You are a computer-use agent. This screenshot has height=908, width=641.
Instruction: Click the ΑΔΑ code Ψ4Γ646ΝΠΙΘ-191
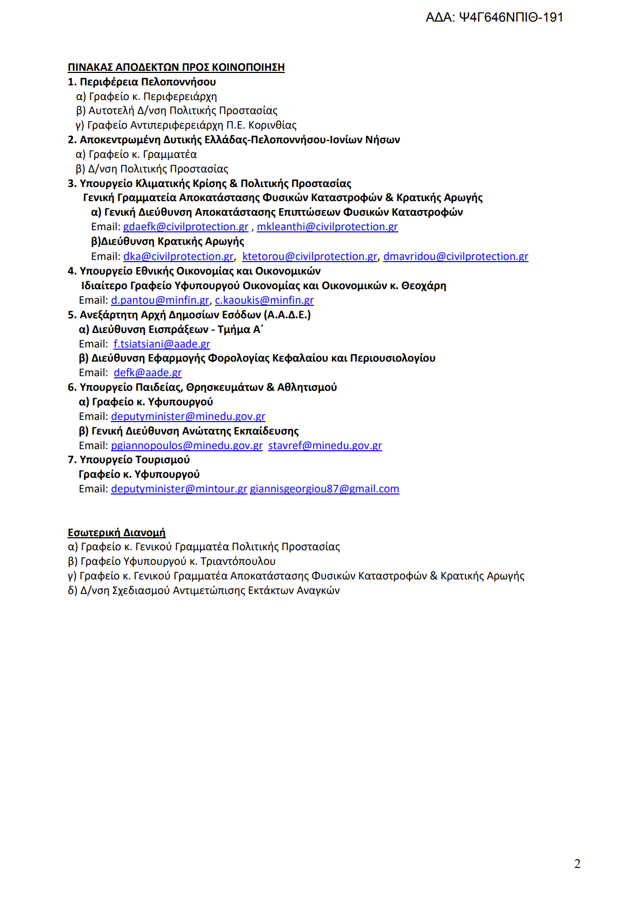511,17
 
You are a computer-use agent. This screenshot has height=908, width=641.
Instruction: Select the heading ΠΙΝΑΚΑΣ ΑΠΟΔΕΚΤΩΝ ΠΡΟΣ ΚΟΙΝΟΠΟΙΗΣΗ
176,67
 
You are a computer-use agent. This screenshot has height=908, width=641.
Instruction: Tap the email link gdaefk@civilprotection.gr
185,227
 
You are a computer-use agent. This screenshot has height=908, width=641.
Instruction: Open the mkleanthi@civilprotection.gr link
327,227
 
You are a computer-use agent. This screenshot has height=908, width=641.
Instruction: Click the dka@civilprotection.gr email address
178,257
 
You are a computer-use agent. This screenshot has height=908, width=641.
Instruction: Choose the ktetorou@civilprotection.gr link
310,257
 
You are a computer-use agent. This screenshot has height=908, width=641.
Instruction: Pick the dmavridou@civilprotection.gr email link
456,257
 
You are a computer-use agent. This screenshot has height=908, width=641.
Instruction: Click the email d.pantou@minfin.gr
160,301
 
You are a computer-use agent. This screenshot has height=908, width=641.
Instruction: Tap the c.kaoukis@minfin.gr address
264,301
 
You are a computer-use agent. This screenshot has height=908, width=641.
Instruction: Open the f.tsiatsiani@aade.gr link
162,344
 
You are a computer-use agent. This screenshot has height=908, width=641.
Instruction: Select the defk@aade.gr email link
148,373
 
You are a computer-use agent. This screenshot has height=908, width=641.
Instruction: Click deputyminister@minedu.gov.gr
188,417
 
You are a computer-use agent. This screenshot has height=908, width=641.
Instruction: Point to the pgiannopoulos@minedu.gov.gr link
186,446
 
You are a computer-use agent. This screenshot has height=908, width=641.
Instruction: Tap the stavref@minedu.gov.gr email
325,446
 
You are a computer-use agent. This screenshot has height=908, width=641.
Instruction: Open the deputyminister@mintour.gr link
179,489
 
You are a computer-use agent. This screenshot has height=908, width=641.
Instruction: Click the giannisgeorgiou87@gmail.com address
324,489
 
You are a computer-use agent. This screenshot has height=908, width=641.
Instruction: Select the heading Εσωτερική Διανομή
117,533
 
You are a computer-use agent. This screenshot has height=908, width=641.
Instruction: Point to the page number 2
577,864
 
